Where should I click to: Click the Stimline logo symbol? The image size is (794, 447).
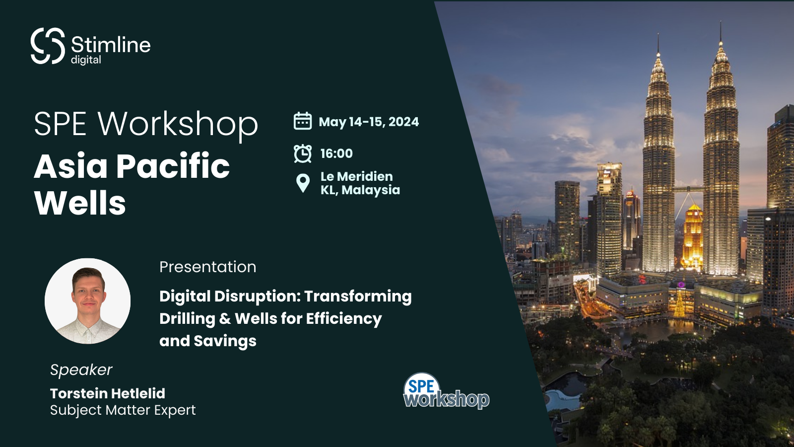coord(48,46)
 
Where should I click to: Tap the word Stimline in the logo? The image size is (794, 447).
coord(111,45)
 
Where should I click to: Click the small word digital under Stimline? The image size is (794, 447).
coord(86,60)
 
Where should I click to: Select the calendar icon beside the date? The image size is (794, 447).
coord(303,121)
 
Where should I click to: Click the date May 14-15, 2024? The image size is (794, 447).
coord(369,122)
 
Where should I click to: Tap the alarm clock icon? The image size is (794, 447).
coord(303,153)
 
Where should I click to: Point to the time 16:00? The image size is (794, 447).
coord(336,153)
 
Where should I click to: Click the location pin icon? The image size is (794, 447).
coord(303,183)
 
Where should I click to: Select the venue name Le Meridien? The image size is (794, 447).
coord(356,176)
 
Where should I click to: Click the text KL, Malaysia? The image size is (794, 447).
coord(360,190)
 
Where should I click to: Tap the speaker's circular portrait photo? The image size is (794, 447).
coord(88,301)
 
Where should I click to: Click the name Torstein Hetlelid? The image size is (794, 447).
coord(108,393)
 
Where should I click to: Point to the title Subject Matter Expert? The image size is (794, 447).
coord(123,410)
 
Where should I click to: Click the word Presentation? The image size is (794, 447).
coord(207,267)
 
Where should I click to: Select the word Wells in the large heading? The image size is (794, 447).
coord(80,203)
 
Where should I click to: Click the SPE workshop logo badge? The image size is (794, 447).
coord(445,392)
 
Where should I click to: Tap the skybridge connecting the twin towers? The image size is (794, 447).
coord(689,189)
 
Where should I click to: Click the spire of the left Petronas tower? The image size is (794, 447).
coord(658,47)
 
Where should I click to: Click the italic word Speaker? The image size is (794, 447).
coord(81,370)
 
